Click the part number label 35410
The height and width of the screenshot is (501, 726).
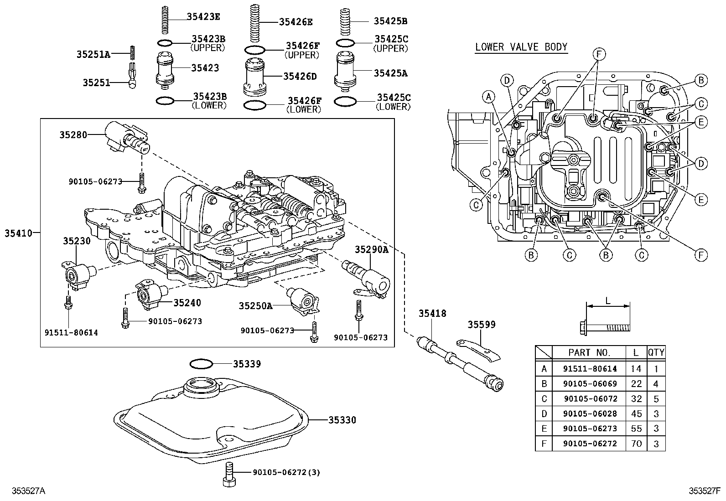pyautogui.click(x=18, y=233)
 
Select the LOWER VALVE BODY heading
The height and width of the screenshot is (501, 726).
pyautogui.click(x=521, y=46)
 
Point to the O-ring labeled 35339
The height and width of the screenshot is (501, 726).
pyautogui.click(x=201, y=364)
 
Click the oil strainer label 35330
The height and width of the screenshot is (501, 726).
pyautogui.click(x=342, y=420)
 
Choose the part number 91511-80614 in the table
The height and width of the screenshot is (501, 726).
pyautogui.click(x=590, y=369)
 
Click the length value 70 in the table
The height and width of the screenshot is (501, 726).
pyautogui.click(x=636, y=444)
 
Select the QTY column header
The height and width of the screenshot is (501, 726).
pyautogui.click(x=656, y=352)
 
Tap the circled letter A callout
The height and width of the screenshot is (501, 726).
pyautogui.click(x=489, y=97)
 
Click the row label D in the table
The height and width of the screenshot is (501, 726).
pyautogui.click(x=544, y=414)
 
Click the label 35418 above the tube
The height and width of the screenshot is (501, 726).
pyautogui.click(x=433, y=314)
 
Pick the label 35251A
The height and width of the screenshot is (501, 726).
pyautogui.click(x=93, y=55)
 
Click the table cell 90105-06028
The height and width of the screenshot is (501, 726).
pyautogui.click(x=590, y=414)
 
